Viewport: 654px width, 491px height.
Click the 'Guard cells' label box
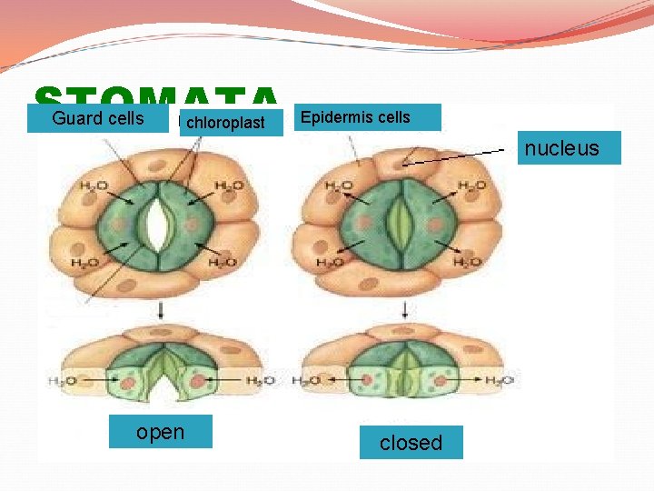98,119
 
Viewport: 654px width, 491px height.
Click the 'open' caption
160,432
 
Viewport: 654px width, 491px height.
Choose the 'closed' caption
411,443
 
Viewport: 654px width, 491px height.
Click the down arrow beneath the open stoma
161,310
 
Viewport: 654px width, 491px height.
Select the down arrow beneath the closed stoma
401,310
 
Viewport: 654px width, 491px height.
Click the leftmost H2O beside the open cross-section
61,380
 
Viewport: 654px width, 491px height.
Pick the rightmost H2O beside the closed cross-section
499,380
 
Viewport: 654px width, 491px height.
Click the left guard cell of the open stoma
125,222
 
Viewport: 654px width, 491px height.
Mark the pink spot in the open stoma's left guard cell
128,222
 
